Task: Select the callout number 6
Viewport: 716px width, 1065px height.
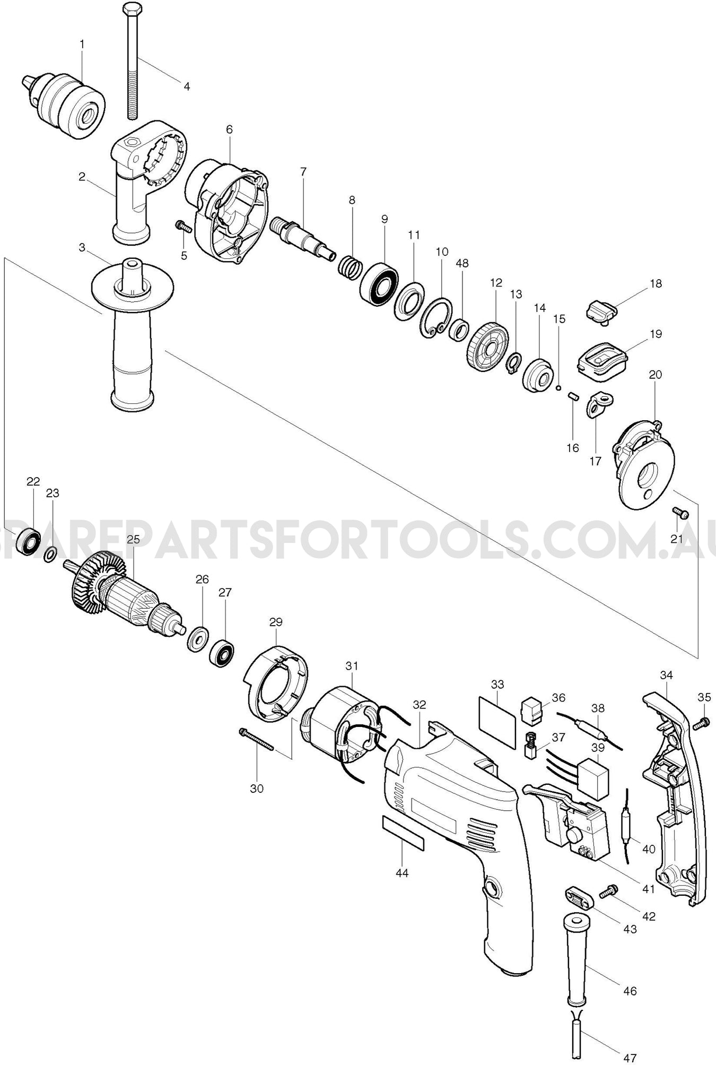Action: (x=229, y=129)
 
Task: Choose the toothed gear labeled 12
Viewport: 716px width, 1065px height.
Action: (x=487, y=348)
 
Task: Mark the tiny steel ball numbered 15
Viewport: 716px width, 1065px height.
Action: (x=558, y=388)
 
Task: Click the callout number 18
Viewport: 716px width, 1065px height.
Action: (x=656, y=283)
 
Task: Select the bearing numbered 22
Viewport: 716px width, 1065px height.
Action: (x=29, y=542)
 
